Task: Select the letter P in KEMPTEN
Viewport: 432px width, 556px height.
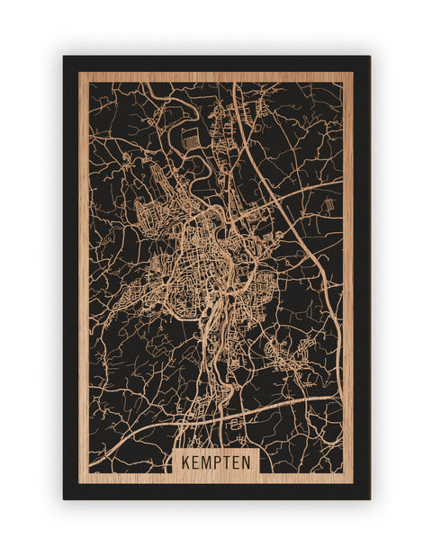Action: tap(217, 462)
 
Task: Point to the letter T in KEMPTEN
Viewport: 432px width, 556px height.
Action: tap(227, 462)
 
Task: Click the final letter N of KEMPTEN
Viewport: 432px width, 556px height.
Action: tap(247, 462)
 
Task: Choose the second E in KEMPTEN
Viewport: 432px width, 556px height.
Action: tap(237, 462)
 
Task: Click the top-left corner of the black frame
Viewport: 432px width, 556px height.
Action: tap(64, 57)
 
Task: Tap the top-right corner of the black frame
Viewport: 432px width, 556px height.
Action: tap(369, 57)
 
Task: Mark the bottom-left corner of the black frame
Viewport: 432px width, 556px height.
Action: tap(64, 498)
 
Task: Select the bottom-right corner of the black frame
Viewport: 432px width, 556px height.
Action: tap(369, 498)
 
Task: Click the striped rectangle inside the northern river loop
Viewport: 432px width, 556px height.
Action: tap(189, 139)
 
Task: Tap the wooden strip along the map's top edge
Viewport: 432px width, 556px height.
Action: tap(216, 77)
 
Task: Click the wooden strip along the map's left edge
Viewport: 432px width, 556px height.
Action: tap(84, 270)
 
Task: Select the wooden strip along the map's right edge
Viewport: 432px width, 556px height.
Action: tap(347, 270)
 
